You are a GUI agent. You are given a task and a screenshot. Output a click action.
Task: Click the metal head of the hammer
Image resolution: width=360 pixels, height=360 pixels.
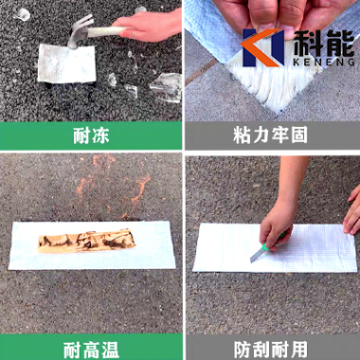(x=79, y=30)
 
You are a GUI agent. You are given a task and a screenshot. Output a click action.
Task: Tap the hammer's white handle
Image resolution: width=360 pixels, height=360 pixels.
(x=107, y=31)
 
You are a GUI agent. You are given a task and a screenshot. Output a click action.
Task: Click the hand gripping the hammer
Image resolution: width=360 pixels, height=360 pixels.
(x=148, y=26)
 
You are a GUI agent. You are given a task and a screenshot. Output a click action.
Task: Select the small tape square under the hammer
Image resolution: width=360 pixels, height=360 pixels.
(x=66, y=63)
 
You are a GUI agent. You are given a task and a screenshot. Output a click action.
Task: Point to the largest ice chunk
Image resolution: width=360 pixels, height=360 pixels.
(x=167, y=87)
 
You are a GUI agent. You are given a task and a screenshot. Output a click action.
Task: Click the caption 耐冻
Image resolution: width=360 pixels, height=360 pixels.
(x=91, y=135)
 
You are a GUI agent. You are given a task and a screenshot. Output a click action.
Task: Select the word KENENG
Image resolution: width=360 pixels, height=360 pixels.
(x=324, y=62)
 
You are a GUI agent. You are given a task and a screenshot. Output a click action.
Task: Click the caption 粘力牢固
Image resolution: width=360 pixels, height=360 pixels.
(x=270, y=135)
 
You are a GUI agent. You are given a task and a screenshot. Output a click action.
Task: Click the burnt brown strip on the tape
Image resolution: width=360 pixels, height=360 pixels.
(x=87, y=241)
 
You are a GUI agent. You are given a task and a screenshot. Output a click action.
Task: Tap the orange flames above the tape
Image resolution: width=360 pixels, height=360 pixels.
(x=114, y=187)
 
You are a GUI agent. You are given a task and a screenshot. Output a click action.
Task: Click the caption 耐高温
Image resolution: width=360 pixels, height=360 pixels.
(x=91, y=350)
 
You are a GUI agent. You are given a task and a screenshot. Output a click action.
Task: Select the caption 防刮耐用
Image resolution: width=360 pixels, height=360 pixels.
(x=271, y=350)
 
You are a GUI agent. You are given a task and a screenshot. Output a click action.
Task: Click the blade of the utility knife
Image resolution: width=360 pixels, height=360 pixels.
(x=256, y=255)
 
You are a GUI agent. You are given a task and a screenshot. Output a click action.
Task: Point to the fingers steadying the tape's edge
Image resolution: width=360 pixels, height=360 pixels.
(x=352, y=210)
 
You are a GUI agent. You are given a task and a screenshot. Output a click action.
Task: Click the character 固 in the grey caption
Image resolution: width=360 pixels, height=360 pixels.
(x=298, y=135)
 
